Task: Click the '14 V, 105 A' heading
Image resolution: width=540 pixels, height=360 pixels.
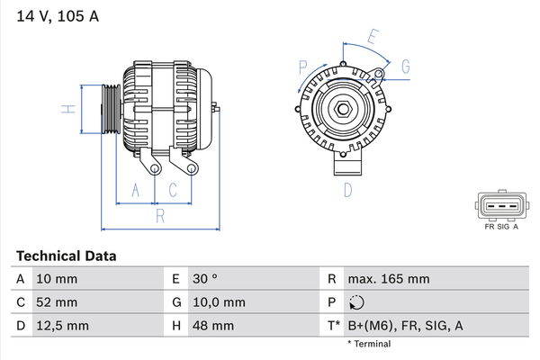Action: click(58, 16)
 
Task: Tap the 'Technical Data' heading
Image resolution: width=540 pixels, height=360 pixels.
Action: click(66, 256)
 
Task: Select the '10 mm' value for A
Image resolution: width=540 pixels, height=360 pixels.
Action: click(57, 279)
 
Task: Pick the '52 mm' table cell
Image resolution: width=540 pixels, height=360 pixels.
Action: click(57, 302)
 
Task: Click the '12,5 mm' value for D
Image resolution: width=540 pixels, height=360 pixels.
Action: click(62, 326)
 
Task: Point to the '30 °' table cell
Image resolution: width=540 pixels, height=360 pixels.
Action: click(205, 279)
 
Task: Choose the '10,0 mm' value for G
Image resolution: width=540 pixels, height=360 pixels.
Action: click(219, 302)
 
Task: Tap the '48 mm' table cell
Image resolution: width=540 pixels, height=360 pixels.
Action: click(213, 326)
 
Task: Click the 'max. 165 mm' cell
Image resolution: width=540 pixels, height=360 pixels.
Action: click(389, 279)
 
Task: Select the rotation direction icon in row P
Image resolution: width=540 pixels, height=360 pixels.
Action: click(356, 302)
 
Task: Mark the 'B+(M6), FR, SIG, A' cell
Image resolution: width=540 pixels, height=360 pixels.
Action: click(405, 326)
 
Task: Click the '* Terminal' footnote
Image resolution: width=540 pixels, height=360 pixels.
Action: click(369, 344)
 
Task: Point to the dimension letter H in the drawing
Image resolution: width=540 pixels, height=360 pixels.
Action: click(68, 109)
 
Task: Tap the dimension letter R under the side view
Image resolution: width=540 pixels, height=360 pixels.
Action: click(160, 216)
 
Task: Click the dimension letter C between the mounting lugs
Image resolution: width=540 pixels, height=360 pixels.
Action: click(173, 190)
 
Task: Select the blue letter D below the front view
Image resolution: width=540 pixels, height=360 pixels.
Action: click(347, 190)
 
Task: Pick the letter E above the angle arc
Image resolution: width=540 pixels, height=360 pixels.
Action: click(373, 37)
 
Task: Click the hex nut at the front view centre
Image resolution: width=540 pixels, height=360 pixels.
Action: click(343, 109)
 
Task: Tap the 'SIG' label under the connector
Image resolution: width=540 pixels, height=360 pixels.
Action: click(503, 227)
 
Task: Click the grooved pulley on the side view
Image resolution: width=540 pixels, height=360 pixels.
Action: click(112, 109)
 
